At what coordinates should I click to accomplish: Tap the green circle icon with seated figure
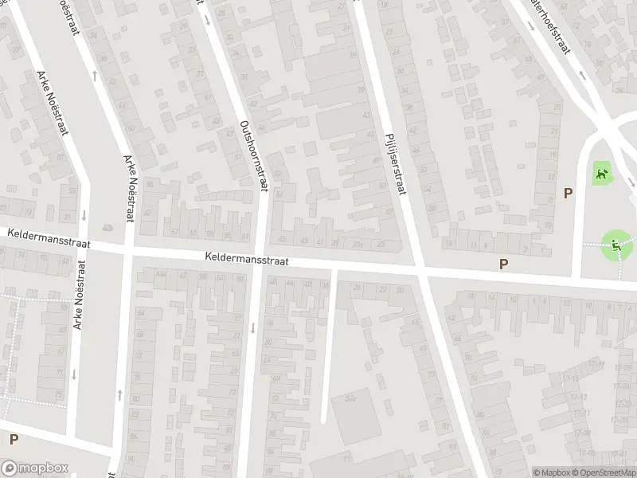point(614,244)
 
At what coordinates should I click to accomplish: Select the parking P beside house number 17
point(568,193)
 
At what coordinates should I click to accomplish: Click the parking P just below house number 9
point(503,264)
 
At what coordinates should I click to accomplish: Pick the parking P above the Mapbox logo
point(14,439)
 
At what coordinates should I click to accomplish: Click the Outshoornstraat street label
point(254,155)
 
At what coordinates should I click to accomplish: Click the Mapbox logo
point(35,468)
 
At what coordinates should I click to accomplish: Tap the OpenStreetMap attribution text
point(603,472)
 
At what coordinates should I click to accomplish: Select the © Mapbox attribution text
point(553,472)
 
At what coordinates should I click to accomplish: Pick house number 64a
point(163,276)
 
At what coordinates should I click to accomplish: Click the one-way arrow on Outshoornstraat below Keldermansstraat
point(252,327)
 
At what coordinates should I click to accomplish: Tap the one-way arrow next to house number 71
point(84,215)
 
